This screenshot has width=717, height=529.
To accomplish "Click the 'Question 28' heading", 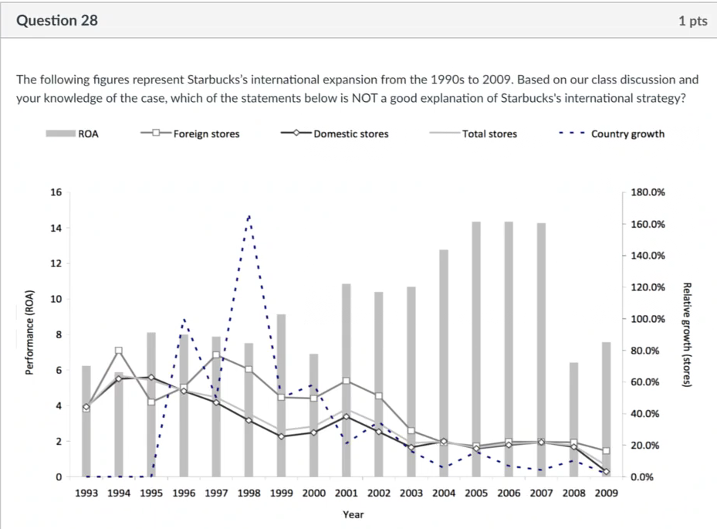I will pos(57,20).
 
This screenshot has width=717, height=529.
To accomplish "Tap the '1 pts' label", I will pos(692,21).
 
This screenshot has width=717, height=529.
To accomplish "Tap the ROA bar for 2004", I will pos(444,363).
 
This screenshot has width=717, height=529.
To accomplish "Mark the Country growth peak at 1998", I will pos(249,216).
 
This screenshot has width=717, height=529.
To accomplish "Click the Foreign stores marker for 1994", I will pos(119,351).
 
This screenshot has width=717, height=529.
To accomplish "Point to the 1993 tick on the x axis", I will pos(86,492).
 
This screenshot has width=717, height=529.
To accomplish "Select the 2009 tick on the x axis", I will pos(607,492).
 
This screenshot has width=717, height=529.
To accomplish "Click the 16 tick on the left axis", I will pos(56,192).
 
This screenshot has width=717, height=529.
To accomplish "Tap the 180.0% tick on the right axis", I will pos(647,192).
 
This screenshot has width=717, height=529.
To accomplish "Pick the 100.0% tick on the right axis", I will pos(647,319).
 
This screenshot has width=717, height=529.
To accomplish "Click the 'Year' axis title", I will pos(353,514).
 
